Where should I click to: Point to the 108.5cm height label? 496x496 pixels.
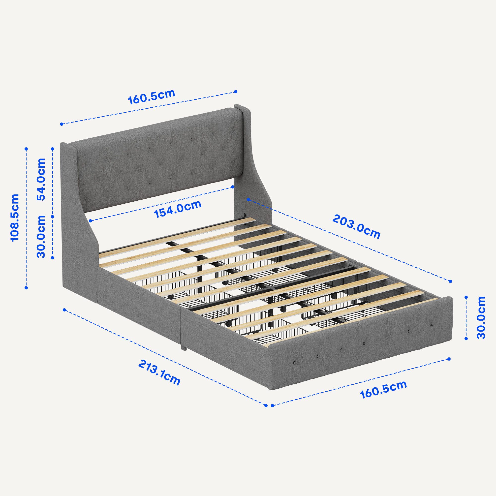[15, 217]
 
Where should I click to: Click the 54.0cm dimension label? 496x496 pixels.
[41, 179]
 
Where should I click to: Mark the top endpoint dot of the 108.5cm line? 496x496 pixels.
[26, 149]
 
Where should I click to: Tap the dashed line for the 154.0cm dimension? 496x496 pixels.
[161, 204]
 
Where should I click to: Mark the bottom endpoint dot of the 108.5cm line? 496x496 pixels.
[26, 288]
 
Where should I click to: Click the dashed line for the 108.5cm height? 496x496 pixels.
[26, 218]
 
